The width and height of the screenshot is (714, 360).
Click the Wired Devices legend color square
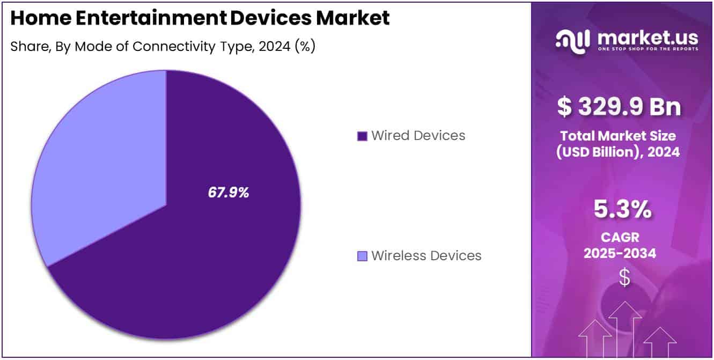pos(362,136)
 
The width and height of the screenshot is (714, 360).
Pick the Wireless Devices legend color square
pos(362,256)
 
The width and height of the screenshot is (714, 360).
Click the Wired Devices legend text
pos(418,136)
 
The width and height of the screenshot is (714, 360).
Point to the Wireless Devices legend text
pos(426,256)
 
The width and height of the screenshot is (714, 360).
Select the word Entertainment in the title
pos(147,19)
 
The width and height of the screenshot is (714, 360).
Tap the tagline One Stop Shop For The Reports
pos(647,49)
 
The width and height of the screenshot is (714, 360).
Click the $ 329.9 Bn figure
pos(619,106)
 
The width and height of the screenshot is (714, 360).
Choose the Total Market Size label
pos(618,136)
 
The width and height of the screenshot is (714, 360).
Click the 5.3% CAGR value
pos(622,210)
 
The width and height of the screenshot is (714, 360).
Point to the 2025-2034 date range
pos(620,253)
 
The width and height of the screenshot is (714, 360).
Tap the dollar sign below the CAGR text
pos(624,277)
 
